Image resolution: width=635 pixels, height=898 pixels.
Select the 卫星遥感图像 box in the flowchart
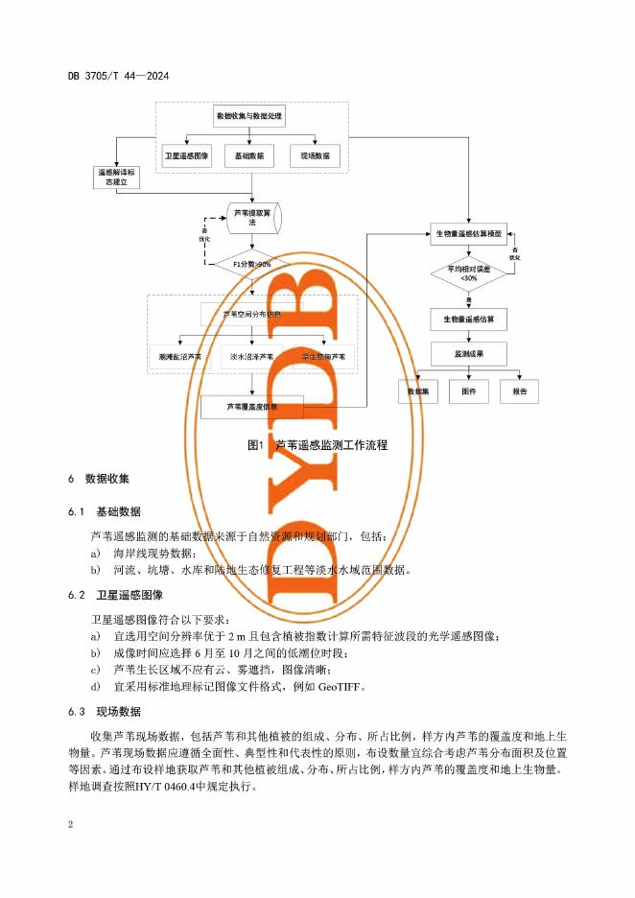pyautogui.click(x=186, y=155)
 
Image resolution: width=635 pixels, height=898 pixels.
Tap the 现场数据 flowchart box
pyautogui.click(x=315, y=155)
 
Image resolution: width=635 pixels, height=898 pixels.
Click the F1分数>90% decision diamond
pyautogui.click(x=252, y=264)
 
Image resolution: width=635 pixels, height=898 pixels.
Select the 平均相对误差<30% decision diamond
pyautogui.click(x=468, y=273)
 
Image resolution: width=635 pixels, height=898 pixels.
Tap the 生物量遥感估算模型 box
pyautogui.click(x=468, y=233)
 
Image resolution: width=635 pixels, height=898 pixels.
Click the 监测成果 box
pyautogui.click(x=468, y=353)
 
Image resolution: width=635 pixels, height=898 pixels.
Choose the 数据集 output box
pyautogui.click(x=418, y=391)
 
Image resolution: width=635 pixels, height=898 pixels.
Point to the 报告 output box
pyautogui.click(x=519, y=391)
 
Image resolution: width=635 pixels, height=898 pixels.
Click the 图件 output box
pyautogui.click(x=468, y=391)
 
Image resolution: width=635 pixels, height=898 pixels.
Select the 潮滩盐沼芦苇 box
pyautogui.click(x=180, y=356)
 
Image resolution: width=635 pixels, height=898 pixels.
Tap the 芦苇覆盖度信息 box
pyautogui.click(x=252, y=407)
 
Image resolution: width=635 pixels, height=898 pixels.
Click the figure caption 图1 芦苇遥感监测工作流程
pyautogui.click(x=317, y=445)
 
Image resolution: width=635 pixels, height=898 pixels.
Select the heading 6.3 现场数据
pyautogui.click(x=104, y=711)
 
